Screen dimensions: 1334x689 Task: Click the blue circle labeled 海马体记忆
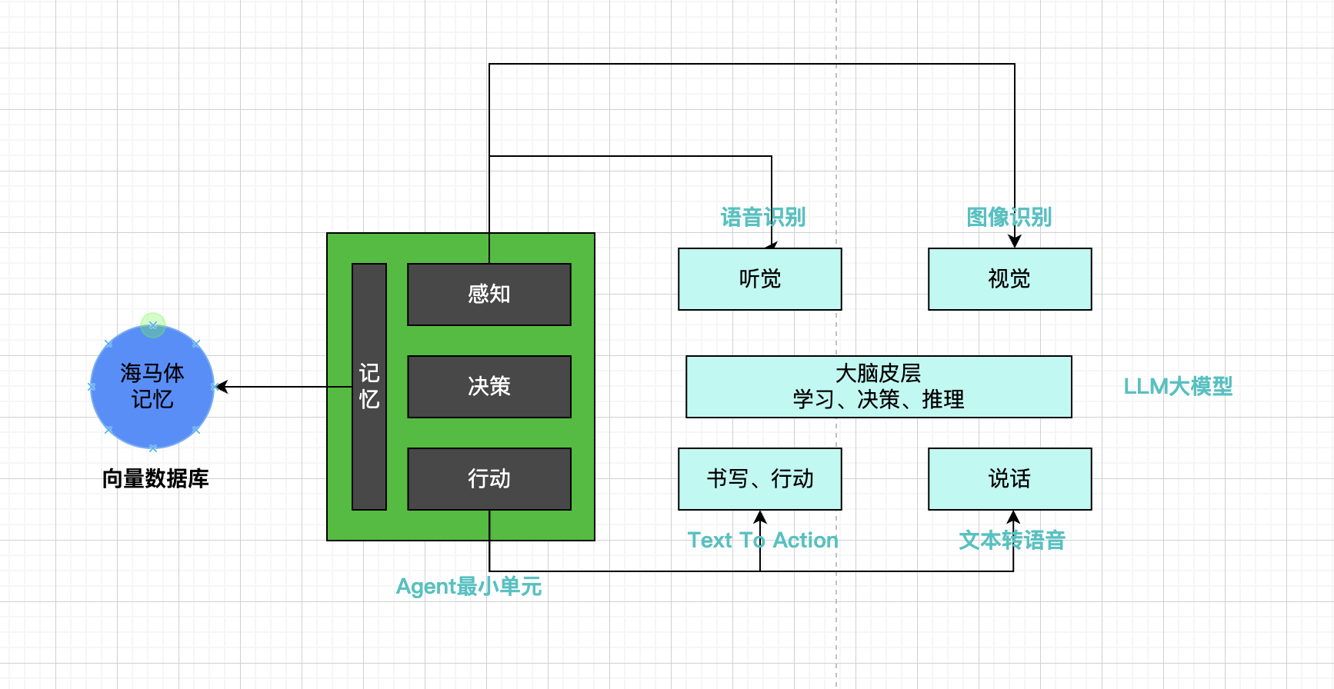pos(152,387)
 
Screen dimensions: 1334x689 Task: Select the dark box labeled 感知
pos(489,295)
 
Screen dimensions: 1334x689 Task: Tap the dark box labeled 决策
pos(489,387)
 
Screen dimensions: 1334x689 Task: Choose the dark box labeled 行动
pos(489,479)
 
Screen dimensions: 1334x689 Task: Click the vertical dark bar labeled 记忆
pos(369,387)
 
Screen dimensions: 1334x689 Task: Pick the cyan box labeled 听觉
pos(760,279)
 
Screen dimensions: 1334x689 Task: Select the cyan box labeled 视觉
pos(1010,279)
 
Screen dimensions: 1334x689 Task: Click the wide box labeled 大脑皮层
pos(879,387)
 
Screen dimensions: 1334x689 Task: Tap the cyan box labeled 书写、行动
pos(760,479)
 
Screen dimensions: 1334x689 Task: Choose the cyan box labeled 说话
pos(1010,479)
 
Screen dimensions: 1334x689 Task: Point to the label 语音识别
pos(763,218)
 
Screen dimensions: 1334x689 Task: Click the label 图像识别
pos(1009,218)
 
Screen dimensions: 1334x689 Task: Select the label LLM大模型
pos(1178,386)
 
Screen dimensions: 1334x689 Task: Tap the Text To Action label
pos(762,541)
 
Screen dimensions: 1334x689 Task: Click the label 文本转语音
pos(1012,541)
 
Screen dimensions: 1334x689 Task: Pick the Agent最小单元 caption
pos(469,587)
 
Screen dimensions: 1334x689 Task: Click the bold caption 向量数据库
pos(155,479)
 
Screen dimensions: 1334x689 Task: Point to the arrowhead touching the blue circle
pos(222,387)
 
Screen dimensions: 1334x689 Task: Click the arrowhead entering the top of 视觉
pos(1015,241)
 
